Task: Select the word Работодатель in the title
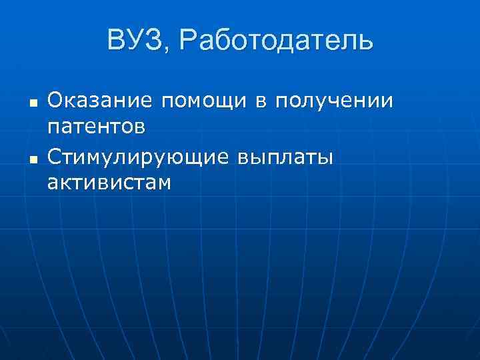pyautogui.click(x=277, y=41)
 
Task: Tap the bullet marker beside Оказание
pyautogui.click(x=32, y=103)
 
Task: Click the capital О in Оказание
pyautogui.click(x=55, y=101)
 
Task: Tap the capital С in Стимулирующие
pyautogui.click(x=55, y=158)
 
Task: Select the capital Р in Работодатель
pyautogui.click(x=188, y=41)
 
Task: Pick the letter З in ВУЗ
pyautogui.click(x=160, y=41)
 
